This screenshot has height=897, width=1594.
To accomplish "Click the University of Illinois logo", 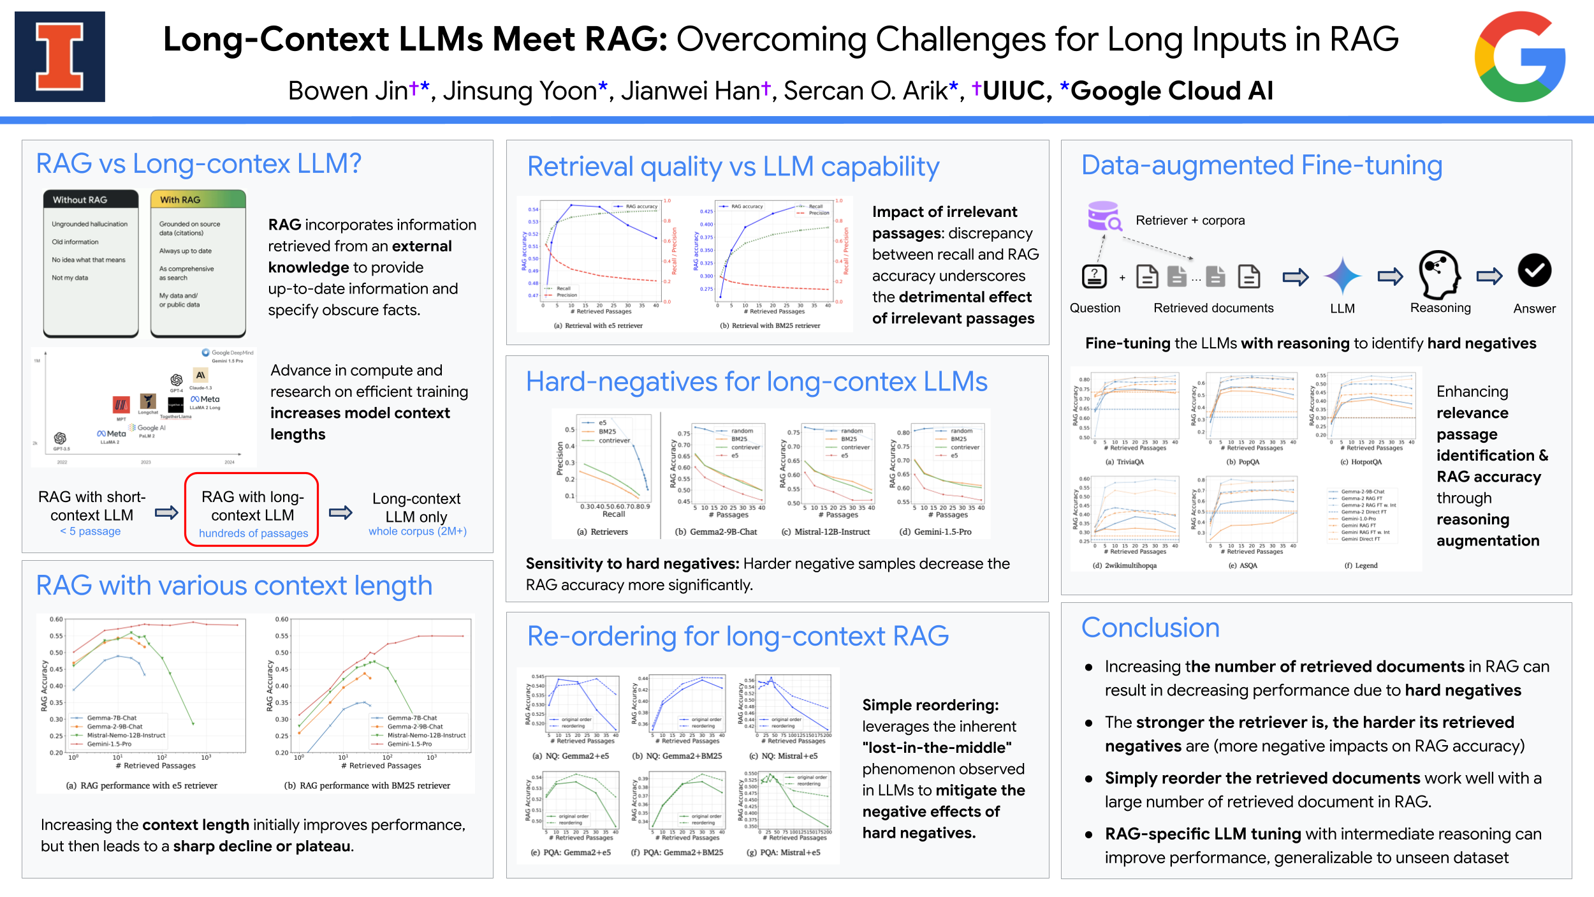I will pos(60,57).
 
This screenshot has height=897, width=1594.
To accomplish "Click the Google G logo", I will pos(1520,57).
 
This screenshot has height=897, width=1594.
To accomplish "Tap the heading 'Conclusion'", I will pos(1150,628).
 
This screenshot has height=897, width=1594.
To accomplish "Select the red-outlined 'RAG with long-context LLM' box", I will pos(252,510).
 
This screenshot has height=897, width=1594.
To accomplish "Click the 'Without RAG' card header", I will pos(91,200).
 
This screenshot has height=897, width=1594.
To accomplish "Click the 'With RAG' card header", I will pos(198,200).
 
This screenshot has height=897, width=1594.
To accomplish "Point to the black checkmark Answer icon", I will pos(1534,271).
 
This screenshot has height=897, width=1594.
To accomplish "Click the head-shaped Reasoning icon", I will pos(1440,274).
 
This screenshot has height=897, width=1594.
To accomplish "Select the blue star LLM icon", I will pos(1342,276).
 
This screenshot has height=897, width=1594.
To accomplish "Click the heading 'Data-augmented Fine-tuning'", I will pos(1261,165).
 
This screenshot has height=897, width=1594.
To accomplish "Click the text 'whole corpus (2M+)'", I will pos(418,531).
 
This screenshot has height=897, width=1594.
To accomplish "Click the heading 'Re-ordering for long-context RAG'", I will pos(738,636).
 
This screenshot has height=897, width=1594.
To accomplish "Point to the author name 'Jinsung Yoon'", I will pos(520,91).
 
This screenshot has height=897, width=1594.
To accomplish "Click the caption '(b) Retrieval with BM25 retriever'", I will pos(770,325).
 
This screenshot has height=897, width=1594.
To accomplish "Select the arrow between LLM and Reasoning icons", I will pos(1390,276).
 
